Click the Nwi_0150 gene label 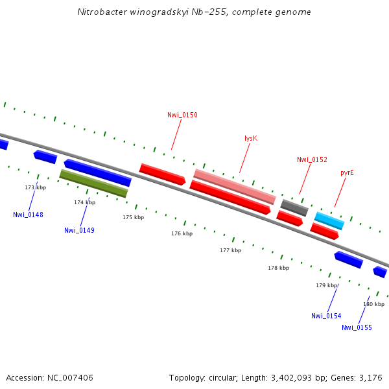click(x=182, y=115)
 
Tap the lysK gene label click(x=251, y=138)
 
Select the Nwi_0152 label click(x=312, y=159)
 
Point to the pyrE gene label click(x=347, y=173)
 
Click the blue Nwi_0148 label click(x=28, y=215)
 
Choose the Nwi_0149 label click(x=79, y=230)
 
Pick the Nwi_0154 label click(x=326, y=316)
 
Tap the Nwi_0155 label click(x=357, y=327)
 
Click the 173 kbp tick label click(x=36, y=187)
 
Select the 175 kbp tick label click(x=133, y=217)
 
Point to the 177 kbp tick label click(x=230, y=250)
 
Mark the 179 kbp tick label click(x=327, y=285)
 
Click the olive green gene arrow click(x=93, y=183)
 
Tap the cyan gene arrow click(x=329, y=220)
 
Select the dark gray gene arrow click(x=294, y=207)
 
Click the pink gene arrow click(x=235, y=186)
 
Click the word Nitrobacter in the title click(x=99, y=12)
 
